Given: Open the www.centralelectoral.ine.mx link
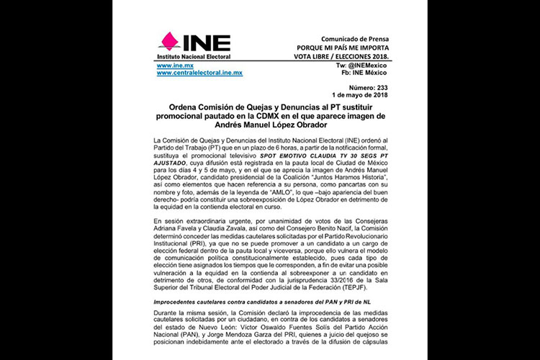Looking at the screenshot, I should pyautogui.click(x=199, y=73).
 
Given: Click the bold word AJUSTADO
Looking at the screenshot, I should pyautogui.click(x=175, y=163).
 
